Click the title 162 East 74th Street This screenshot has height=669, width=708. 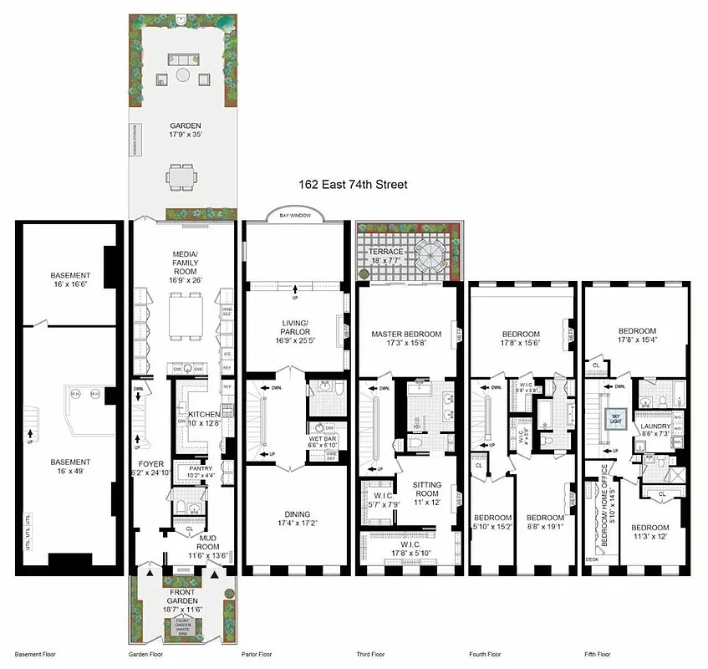tap(353, 184)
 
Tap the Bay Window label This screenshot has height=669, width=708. tap(294, 216)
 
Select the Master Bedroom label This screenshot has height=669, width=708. tap(405, 340)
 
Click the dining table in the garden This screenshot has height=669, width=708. tap(181, 176)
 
